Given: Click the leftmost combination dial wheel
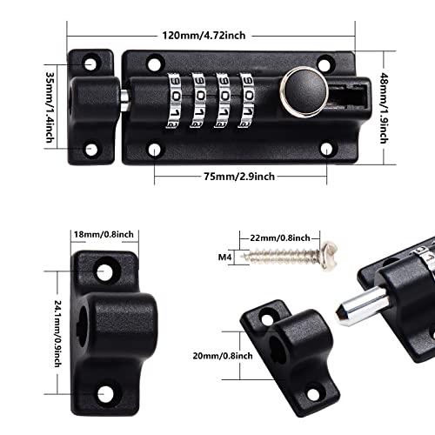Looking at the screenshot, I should [174, 94].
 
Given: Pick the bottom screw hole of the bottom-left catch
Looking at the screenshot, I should [110, 393].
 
